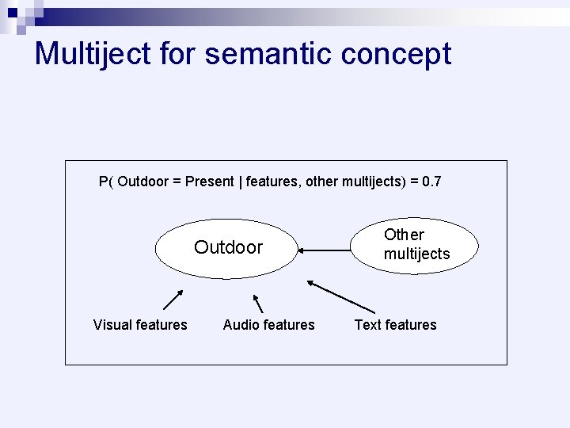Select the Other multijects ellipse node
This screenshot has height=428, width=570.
416,245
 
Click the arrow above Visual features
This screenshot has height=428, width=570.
173,299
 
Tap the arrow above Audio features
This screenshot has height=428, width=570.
257,303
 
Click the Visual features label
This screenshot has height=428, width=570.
140,325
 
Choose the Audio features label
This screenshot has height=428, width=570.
269,325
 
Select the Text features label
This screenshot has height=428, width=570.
396,325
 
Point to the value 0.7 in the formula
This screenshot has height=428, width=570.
432,182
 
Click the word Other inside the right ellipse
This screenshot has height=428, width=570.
404,235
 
